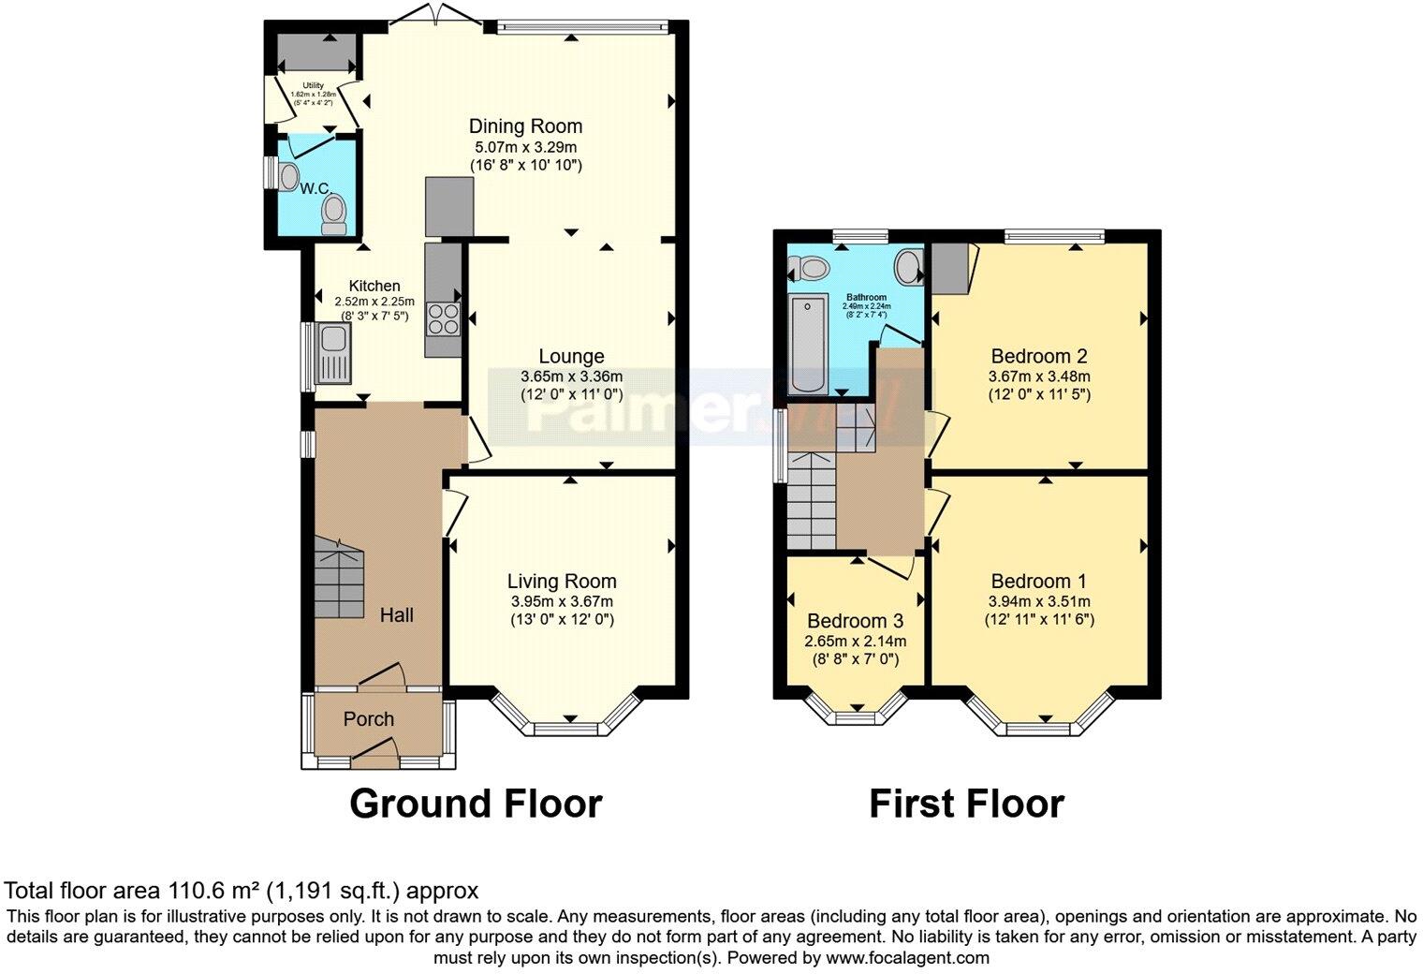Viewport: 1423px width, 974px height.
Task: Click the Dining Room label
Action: pos(525,126)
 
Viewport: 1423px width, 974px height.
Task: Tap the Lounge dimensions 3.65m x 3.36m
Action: pos(571,376)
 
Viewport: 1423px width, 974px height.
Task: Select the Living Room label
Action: pos(562,582)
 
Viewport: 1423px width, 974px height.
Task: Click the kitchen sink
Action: pos(333,353)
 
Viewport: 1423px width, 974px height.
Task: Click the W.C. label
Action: pos(313,188)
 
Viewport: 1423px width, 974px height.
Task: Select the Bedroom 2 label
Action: pos(1039,356)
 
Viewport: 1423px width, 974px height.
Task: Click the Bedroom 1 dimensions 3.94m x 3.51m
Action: pos(1039,601)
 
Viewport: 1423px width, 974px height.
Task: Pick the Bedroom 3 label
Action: pos(855,621)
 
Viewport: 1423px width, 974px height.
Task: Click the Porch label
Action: pos(369,719)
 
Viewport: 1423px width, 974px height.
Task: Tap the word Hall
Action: pos(397,615)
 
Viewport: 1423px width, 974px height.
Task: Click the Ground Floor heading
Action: pos(476,804)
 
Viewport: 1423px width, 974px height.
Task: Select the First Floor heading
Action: pos(966,804)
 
